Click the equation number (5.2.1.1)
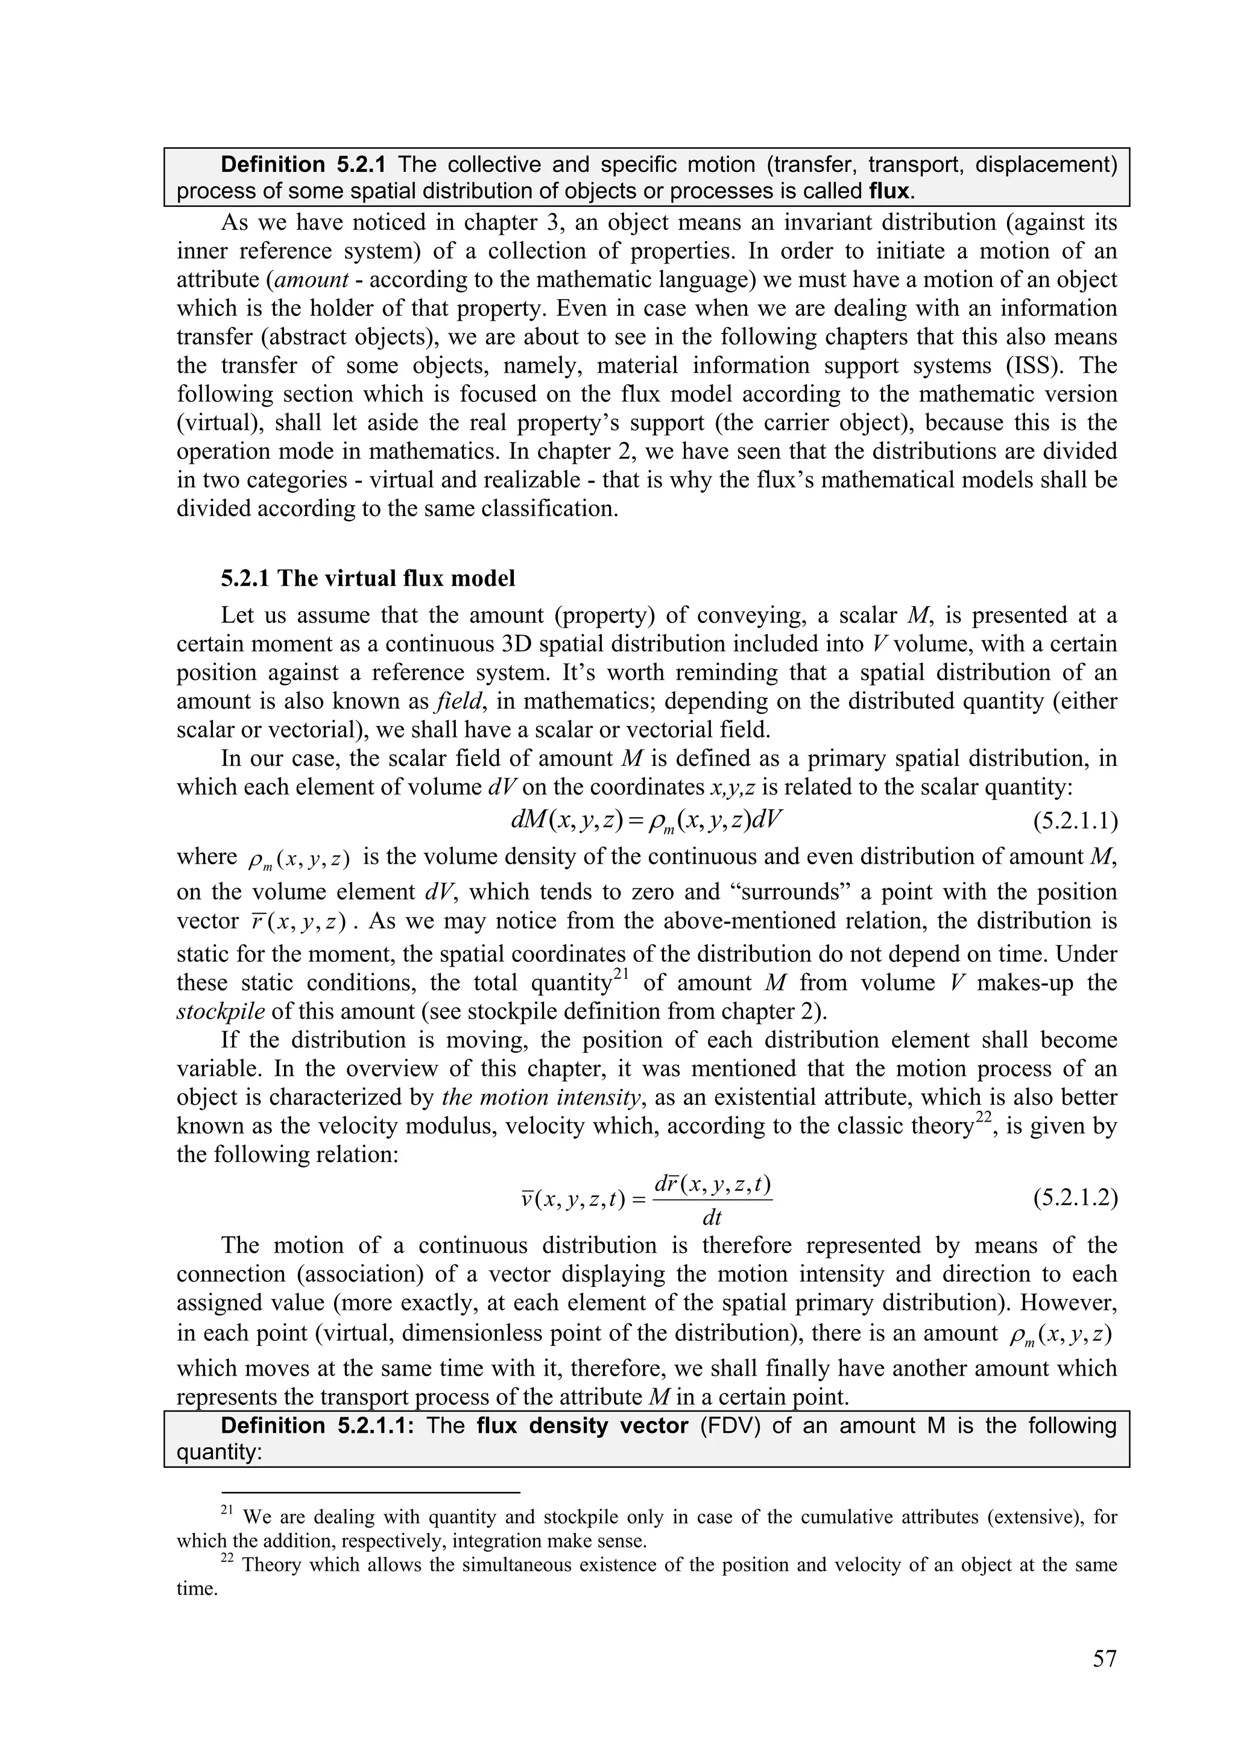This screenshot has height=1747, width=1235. pyautogui.click(x=1075, y=821)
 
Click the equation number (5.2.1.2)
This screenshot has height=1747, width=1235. pyautogui.click(x=1075, y=1198)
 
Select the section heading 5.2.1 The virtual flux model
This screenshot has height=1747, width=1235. pyautogui.click(x=368, y=578)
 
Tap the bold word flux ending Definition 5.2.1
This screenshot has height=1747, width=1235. pyautogui.click(x=889, y=191)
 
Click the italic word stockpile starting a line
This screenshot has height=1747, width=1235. pyautogui.click(x=221, y=1011)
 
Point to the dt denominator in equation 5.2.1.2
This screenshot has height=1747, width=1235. pyautogui.click(x=712, y=1218)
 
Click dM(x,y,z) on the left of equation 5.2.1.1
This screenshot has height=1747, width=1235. pyautogui.click(x=566, y=820)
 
